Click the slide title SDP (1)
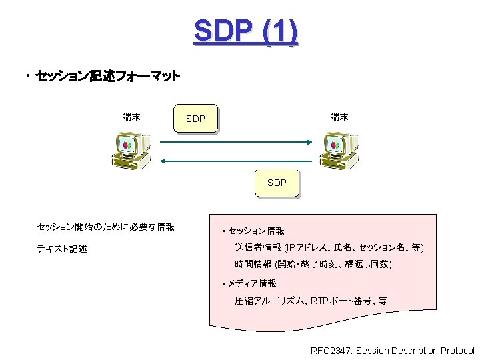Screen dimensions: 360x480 point(245,31)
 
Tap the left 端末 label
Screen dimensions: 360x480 point(131,117)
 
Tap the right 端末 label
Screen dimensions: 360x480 point(339,117)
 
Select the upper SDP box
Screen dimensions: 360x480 point(195,119)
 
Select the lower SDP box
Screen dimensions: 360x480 point(277,183)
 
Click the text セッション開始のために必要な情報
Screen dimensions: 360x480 point(105,227)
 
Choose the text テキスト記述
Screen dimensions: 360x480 point(61,249)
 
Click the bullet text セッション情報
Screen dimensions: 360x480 point(257,231)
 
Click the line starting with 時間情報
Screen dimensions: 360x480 point(313,265)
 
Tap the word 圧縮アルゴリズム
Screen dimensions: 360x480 point(270,301)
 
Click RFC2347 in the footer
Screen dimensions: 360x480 point(331,351)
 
